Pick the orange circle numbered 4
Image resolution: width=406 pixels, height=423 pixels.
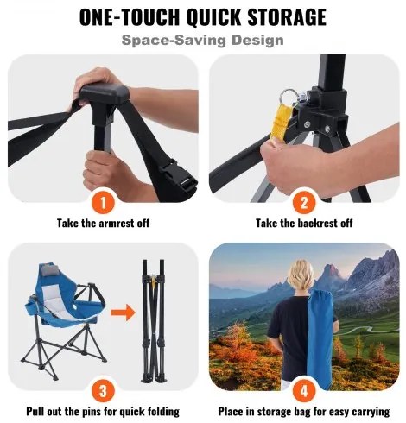(302, 390)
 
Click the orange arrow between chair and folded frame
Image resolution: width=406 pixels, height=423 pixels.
(127, 312)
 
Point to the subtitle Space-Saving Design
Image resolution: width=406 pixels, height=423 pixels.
(203, 40)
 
